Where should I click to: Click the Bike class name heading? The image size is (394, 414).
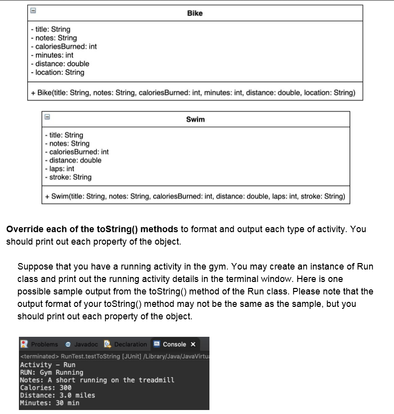pos(195,13)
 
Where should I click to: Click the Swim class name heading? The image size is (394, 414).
pos(195,119)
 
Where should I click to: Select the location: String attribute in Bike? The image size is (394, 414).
pos(57,72)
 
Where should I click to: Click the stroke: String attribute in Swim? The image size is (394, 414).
pos(68,177)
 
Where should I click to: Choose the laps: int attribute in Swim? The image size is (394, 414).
pos(59,168)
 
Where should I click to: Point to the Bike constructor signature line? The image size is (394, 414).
pos(193,93)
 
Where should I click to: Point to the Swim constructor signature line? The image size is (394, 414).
pos(195,196)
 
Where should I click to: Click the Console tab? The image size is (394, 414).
pos(174,344)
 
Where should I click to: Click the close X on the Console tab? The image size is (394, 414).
pos(193,344)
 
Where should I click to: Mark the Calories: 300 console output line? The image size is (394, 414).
pos(46,388)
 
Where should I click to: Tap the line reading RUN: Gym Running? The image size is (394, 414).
pos(51,372)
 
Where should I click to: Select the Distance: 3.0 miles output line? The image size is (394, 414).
pos(57,395)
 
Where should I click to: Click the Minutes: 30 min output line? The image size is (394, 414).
pos(49,403)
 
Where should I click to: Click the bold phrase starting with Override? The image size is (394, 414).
pos(92,229)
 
